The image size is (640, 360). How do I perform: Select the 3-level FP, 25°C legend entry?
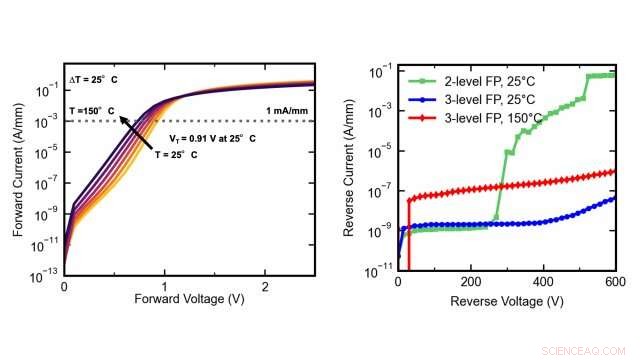[x=479, y=99]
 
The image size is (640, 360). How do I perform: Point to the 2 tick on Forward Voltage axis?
[x=265, y=283]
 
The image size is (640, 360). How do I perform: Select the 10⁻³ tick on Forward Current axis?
[x=47, y=121]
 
